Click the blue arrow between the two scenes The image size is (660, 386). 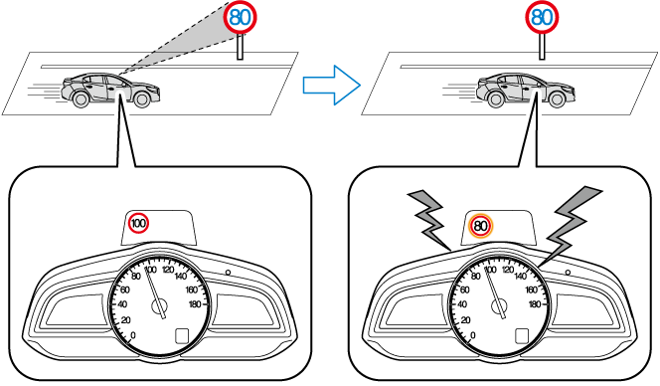(332, 86)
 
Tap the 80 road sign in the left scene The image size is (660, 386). (240, 17)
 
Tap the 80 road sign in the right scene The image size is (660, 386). (542, 17)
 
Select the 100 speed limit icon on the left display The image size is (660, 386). (138, 223)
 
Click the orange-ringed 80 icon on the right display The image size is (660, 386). (481, 226)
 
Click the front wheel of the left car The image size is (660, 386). (142, 99)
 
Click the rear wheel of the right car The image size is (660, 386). (496, 99)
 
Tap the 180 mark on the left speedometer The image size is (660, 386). (195, 304)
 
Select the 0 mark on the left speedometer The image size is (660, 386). (133, 335)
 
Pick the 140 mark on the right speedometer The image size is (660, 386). (520, 277)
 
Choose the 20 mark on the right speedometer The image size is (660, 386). (465, 320)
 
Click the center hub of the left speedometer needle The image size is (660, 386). (159, 306)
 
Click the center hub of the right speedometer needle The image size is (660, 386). (500, 306)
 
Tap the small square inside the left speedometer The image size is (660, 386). (182, 336)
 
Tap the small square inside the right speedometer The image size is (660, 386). (522, 336)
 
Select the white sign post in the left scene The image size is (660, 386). (240, 47)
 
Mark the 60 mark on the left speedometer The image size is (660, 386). (124, 289)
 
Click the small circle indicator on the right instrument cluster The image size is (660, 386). (568, 273)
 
